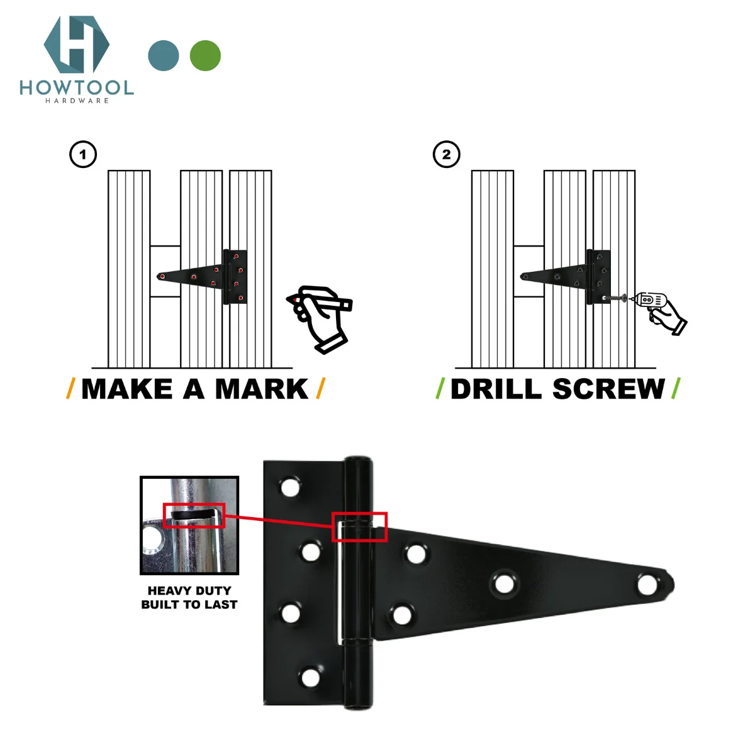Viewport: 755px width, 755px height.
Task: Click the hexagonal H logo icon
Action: [76, 45]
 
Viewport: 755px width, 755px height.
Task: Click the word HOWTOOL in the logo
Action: [76, 87]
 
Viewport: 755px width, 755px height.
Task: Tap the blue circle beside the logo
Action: [164, 56]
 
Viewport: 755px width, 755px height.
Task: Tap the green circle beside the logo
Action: [205, 56]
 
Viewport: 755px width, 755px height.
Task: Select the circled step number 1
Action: [83, 154]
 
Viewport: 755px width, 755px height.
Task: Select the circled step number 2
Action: [447, 154]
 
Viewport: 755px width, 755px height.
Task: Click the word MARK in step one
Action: [261, 389]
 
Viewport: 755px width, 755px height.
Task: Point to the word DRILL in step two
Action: [496, 389]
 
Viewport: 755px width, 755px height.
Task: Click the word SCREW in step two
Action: [608, 389]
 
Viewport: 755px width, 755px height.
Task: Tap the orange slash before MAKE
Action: [70, 389]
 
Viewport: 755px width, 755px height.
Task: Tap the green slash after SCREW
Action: [676, 389]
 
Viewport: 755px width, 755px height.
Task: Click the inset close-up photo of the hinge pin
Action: [189, 525]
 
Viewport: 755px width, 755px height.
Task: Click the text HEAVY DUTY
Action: [189, 591]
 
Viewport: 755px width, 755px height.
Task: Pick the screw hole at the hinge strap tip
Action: [646, 584]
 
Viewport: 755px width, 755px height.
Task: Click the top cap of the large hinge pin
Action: [357, 461]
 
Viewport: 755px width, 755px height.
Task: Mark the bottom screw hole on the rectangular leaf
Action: [310, 678]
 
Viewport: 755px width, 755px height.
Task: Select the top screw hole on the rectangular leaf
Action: [290, 488]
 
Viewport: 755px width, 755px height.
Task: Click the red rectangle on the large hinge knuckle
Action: [359, 527]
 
